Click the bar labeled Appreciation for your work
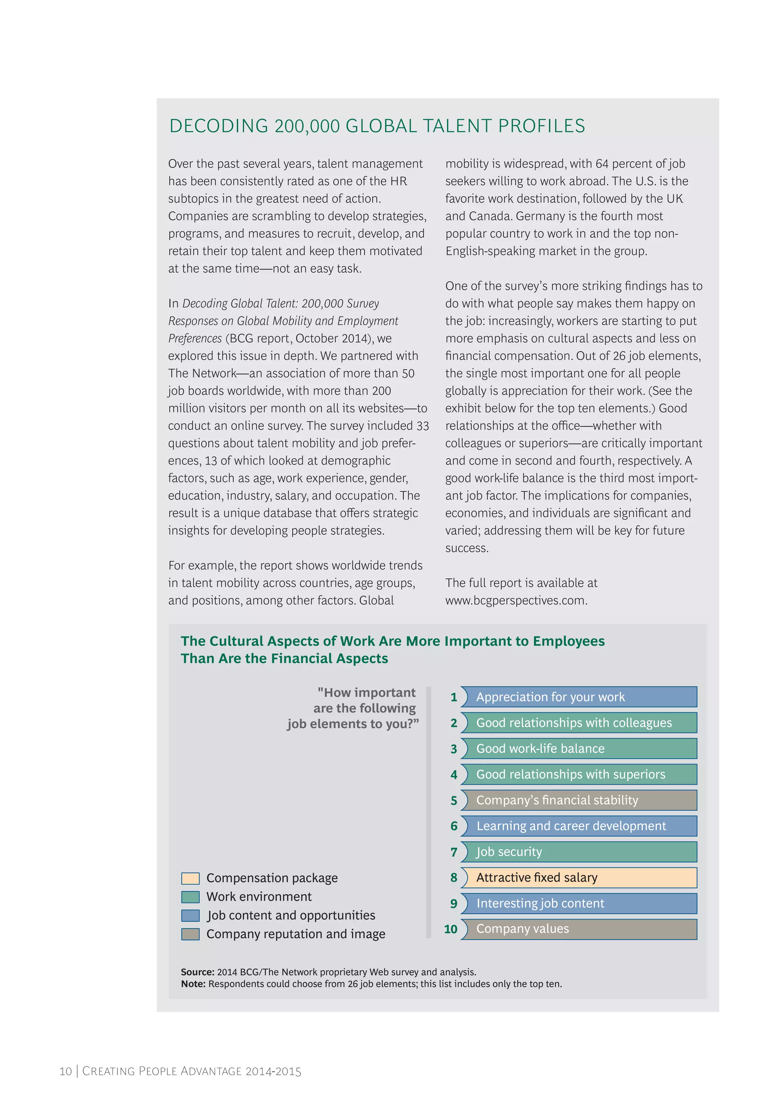[579, 696]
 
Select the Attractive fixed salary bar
[579, 877]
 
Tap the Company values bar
[579, 929]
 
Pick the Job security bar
[579, 851]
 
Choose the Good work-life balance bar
[579, 748]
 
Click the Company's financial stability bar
[579, 800]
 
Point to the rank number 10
[451, 929]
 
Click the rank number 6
[454, 826]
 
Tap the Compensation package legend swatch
[190, 878]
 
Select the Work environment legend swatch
[190, 897]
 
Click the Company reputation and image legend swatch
[190, 934]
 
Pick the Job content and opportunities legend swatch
[190, 915]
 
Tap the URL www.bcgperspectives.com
[516, 600]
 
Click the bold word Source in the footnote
[197, 972]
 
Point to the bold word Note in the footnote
[193, 984]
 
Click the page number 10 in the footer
[65, 1071]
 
